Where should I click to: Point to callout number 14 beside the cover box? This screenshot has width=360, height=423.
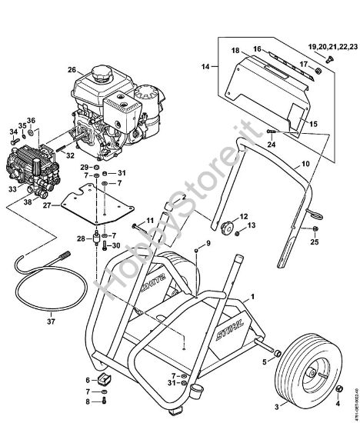click(205, 68)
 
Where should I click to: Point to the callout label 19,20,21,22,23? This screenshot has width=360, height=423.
click(333, 47)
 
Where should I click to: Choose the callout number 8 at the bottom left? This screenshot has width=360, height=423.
click(87, 401)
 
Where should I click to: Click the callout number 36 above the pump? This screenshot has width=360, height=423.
click(31, 120)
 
